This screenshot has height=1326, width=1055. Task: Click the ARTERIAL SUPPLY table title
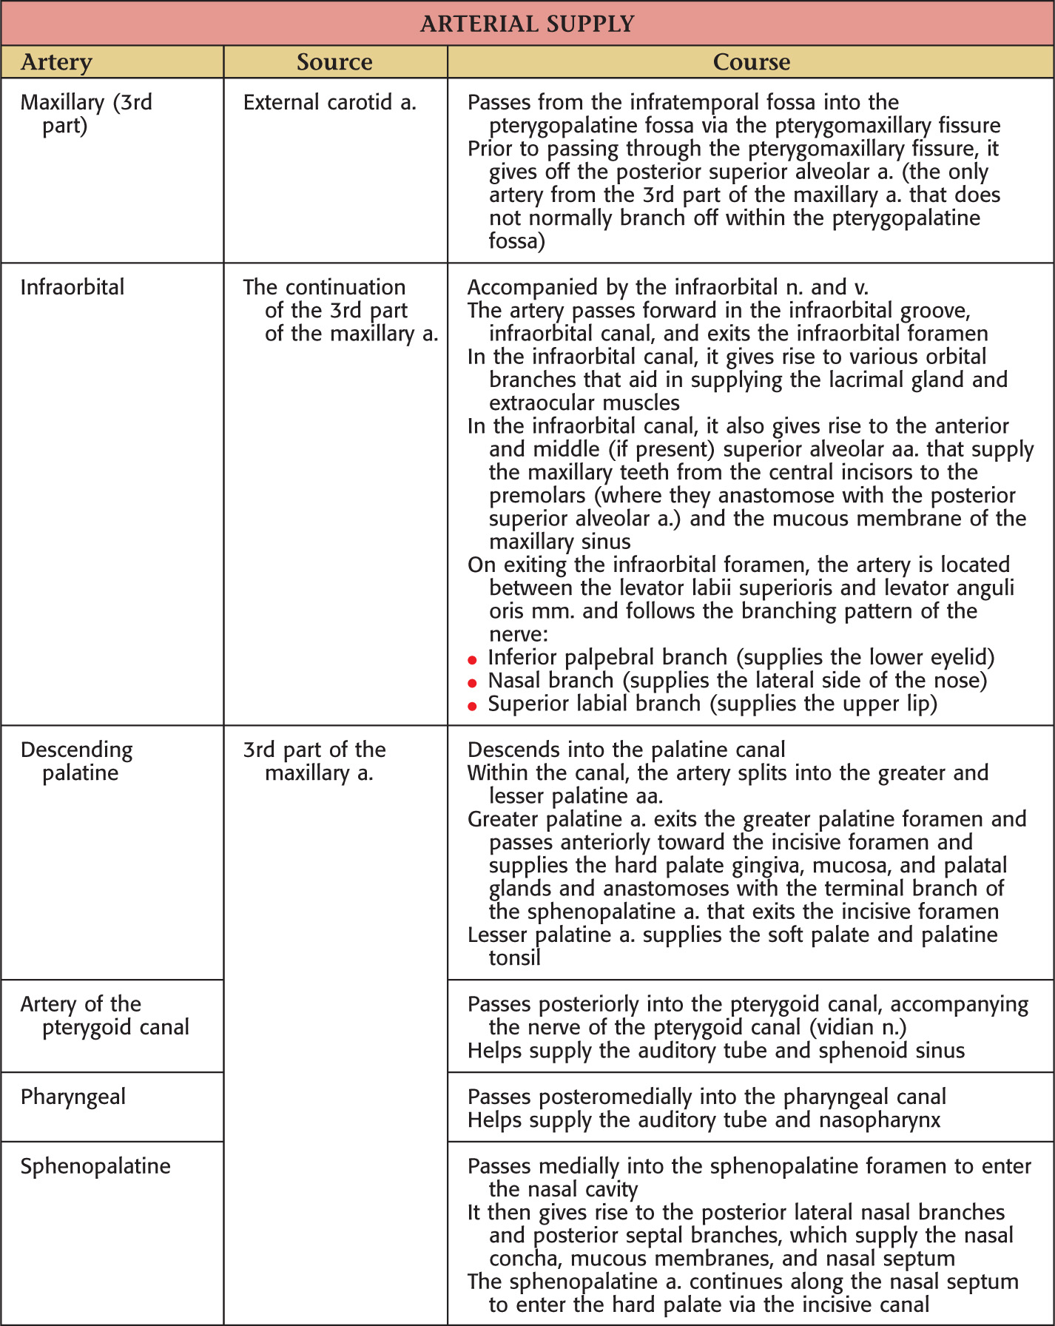pyautogui.click(x=527, y=24)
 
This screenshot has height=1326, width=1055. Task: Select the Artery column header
pyautogui.click(x=56, y=62)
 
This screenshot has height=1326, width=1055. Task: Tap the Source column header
pyautogui.click(x=334, y=62)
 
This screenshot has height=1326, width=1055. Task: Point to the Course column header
pyautogui.click(x=751, y=62)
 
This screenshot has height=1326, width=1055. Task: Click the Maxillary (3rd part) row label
pyautogui.click(x=86, y=113)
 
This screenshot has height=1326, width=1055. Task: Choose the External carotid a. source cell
pyautogui.click(x=329, y=102)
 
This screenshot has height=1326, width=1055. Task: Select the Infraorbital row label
pyautogui.click(x=73, y=287)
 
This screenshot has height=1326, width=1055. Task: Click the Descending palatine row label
pyautogui.click(x=76, y=761)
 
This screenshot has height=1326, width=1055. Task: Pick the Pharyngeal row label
pyautogui.click(x=73, y=1097)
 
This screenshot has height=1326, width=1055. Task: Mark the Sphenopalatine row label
pyautogui.click(x=95, y=1166)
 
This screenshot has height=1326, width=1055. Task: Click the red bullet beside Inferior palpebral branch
pyautogui.click(x=473, y=659)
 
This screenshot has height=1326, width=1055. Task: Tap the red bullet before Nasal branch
pyautogui.click(x=473, y=682)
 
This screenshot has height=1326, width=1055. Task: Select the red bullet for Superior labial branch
pyautogui.click(x=473, y=706)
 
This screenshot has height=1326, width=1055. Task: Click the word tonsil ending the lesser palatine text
pyautogui.click(x=514, y=958)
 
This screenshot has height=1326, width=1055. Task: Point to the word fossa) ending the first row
pyautogui.click(x=516, y=241)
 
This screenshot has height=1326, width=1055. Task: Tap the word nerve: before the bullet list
pyautogui.click(x=518, y=635)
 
